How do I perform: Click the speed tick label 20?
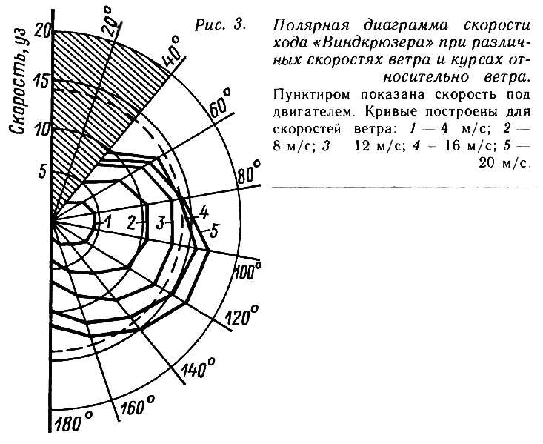pos(43,31)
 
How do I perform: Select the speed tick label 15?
pos(42,82)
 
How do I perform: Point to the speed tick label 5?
pos(42,172)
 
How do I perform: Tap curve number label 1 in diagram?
pos(107,222)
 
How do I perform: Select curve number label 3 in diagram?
pos(160,223)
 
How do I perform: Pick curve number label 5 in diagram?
pos(214,231)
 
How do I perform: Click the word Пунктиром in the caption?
pos(310,95)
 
